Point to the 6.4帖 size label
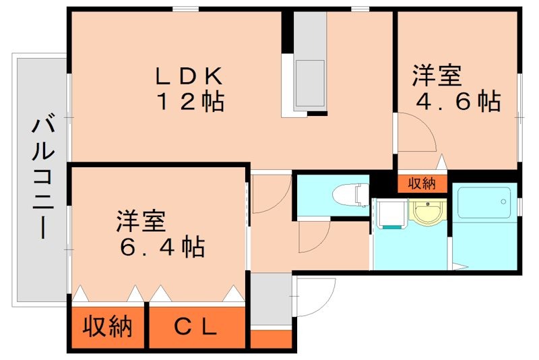coord(162,247)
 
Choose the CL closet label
coord(197,328)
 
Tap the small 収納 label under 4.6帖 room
coord(422,183)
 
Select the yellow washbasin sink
coord(426,214)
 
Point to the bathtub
coord(484,202)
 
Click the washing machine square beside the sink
coord(390,214)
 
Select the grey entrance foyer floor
coord(270,299)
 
